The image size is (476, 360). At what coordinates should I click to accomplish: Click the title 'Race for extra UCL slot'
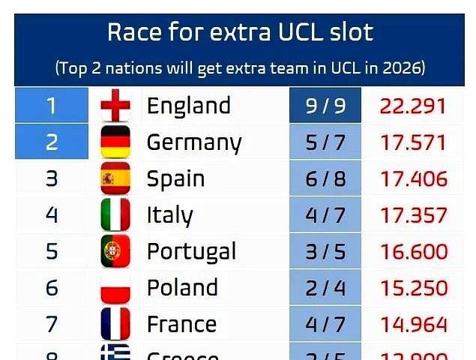[x=240, y=32]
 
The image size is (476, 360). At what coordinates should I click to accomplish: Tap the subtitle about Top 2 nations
[x=240, y=68]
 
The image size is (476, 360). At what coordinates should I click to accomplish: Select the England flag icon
[x=115, y=106]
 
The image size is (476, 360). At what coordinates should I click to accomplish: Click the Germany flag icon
[x=115, y=142]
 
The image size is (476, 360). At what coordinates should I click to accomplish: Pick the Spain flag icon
[x=115, y=178]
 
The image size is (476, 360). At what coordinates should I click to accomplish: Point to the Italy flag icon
[x=115, y=215]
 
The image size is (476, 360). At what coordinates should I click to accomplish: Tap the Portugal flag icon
[x=115, y=251]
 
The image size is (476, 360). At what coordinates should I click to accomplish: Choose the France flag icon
[x=115, y=324]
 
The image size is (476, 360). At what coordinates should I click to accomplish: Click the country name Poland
[x=182, y=288]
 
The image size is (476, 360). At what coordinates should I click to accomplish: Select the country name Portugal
[x=191, y=251]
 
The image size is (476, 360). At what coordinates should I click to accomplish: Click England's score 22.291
[x=413, y=106]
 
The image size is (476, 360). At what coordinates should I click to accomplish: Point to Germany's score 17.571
[x=413, y=142]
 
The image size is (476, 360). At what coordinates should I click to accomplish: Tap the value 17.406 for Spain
[x=413, y=178]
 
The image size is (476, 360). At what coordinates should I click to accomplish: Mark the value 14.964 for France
[x=413, y=324]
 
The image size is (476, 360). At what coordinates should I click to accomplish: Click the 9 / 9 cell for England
[x=325, y=106]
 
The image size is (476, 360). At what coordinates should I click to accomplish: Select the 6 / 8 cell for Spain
[x=325, y=178]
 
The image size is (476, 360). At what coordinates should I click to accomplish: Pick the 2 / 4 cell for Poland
[x=325, y=288]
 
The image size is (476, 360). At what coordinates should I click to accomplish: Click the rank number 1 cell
[x=52, y=106]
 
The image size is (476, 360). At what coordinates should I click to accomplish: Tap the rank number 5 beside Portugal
[x=52, y=251]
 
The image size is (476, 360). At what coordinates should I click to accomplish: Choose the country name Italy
[x=169, y=215]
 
